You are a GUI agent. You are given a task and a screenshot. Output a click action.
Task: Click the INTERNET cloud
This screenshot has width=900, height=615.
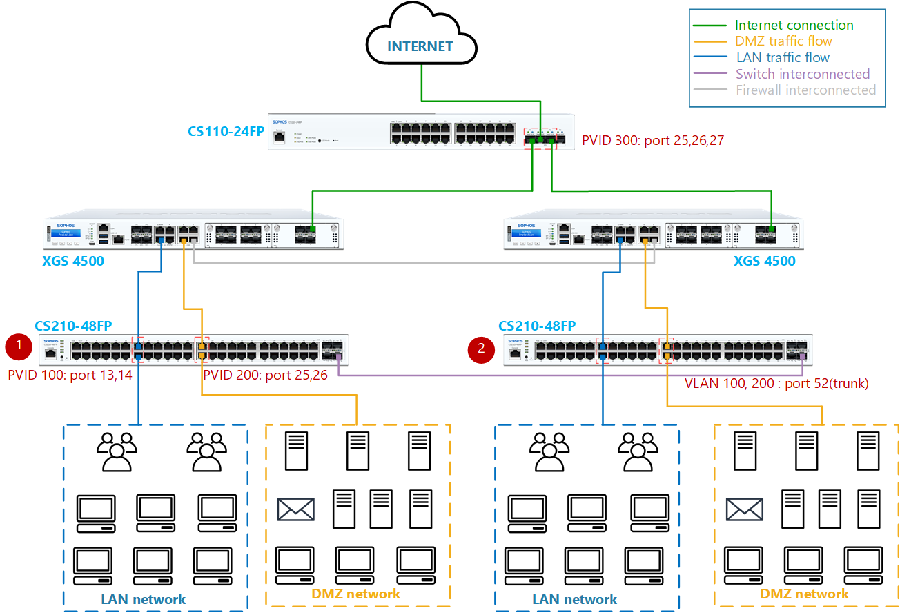[x=420, y=46]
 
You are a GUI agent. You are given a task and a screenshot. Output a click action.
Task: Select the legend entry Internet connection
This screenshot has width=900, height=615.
[x=794, y=26]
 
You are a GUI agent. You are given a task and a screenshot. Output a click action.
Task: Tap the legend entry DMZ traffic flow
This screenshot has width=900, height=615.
[x=783, y=41]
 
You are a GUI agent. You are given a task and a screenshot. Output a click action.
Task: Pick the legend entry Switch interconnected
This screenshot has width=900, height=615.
[x=803, y=74]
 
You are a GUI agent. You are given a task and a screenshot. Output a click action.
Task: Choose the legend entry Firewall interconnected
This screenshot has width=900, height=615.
[x=805, y=90]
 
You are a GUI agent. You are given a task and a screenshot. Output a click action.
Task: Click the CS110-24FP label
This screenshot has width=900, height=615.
[x=226, y=131]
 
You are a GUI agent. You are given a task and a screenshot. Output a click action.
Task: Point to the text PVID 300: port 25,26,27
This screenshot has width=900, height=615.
[x=653, y=141]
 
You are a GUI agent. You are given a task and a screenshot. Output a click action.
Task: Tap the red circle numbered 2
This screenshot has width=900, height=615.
[x=481, y=349]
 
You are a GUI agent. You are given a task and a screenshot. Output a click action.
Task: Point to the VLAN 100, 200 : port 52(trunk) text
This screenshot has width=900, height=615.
[x=776, y=383]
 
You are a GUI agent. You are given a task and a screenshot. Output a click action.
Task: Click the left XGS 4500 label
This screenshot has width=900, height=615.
[x=72, y=261]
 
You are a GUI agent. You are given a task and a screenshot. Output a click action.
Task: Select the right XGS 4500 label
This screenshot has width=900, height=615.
[x=764, y=261]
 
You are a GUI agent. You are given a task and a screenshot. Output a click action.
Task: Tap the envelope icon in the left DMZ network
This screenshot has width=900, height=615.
[x=295, y=509]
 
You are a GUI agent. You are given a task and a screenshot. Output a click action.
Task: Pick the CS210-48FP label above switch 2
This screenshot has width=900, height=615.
[x=537, y=326]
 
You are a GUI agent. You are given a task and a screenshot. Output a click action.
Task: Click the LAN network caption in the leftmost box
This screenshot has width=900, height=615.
[x=143, y=599]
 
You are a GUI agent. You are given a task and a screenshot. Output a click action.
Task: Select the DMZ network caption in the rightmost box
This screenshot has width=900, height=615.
[x=804, y=594]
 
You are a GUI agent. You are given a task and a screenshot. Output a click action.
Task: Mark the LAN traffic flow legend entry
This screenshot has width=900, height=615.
[x=783, y=58]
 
